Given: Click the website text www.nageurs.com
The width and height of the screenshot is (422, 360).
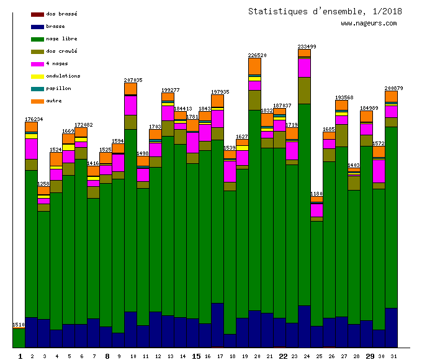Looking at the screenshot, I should coord(369,24).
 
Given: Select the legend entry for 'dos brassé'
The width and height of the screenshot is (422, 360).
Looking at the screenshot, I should coord(61,14).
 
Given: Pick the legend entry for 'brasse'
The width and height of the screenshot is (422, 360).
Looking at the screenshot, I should coord(55,26).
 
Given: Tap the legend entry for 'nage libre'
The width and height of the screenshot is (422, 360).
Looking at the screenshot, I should coord(61,38).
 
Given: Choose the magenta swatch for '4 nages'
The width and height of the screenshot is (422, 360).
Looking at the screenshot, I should coord(37,64).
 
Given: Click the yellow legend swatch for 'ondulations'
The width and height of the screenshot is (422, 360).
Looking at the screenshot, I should coord(37,76).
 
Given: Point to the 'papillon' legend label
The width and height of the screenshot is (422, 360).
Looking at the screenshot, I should coord(59,88).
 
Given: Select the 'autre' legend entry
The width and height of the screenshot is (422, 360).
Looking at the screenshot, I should coord(56,101).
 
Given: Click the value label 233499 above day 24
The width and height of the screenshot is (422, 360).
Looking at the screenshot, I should coord(307,47).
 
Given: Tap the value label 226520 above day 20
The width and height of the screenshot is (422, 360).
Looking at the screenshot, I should coord(257,55).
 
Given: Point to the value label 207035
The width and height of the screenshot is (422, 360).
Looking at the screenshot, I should coord(133,80).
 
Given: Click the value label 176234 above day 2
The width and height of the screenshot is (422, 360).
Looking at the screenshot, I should coord(34,119).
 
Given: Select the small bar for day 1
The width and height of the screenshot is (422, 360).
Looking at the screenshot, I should coord(19,338).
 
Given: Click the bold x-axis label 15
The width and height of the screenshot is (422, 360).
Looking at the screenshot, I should coord(196,356).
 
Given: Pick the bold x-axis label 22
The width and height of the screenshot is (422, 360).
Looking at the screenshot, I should coord(283,356).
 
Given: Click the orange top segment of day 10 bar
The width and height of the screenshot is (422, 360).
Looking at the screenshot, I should coord(130,89).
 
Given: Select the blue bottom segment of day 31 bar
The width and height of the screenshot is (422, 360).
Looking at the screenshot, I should coord(391,327).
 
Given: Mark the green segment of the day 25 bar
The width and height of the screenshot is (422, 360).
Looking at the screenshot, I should coord(316,273).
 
